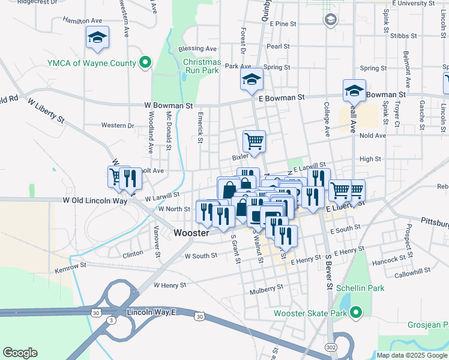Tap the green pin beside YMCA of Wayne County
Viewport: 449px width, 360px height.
pos(145,62)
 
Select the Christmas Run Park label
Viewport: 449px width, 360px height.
pos(202,66)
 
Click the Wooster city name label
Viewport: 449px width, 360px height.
pos(191,233)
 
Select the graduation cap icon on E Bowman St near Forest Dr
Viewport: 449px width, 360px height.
pos(252,79)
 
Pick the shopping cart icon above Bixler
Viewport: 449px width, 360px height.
pos(254,141)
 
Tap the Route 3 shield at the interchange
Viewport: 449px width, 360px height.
pos(112,321)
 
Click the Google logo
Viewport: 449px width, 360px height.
pos(20,353)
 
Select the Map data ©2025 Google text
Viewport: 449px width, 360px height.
pos(411,355)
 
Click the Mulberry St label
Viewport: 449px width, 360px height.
pos(267,289)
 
